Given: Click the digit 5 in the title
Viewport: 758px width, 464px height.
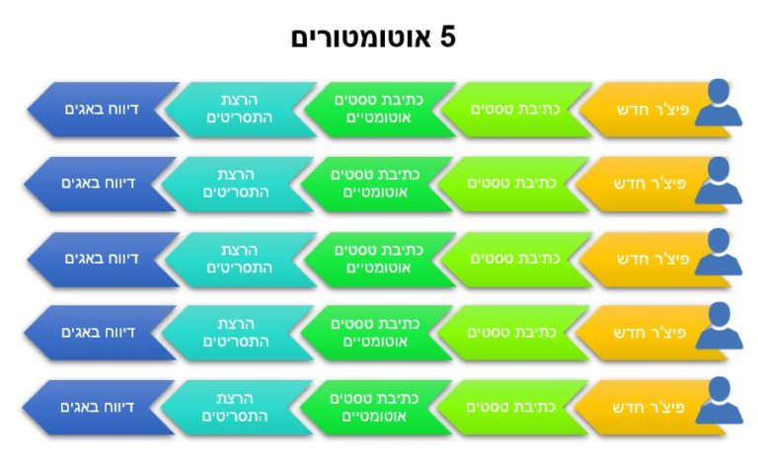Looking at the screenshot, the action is coord(448,38).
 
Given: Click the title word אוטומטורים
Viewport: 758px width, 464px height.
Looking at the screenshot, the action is coord(360,38).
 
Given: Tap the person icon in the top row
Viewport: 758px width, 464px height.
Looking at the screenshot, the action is coord(719,103).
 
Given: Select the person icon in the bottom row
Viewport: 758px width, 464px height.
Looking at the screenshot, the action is coord(719,401).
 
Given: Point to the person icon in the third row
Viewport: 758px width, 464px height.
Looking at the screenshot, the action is coord(719,252).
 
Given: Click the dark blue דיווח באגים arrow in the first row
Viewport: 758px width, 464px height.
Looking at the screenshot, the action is coord(104,110).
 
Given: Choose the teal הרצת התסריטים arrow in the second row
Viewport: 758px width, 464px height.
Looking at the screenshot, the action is coord(237,184).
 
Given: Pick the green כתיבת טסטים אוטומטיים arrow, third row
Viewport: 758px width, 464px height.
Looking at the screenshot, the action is coord(379,260).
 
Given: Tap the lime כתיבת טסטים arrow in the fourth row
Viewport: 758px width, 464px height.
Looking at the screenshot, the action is coord(513,333).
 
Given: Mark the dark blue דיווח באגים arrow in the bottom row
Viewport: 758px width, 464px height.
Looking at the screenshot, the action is coord(99,408).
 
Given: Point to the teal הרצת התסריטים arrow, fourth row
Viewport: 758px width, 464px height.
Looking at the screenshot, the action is coord(237,333).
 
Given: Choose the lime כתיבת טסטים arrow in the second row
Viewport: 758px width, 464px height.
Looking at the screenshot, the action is coord(513,184).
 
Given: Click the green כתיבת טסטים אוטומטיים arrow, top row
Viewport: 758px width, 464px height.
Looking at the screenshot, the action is coord(379,110).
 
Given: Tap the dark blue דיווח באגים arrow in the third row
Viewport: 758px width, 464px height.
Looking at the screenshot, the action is coord(104,260).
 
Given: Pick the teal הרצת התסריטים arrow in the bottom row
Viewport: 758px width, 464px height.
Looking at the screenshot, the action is coord(237,408).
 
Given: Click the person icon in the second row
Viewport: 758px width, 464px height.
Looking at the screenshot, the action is coord(719,180).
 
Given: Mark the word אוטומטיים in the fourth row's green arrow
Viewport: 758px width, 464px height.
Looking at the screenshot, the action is coord(375,342).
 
